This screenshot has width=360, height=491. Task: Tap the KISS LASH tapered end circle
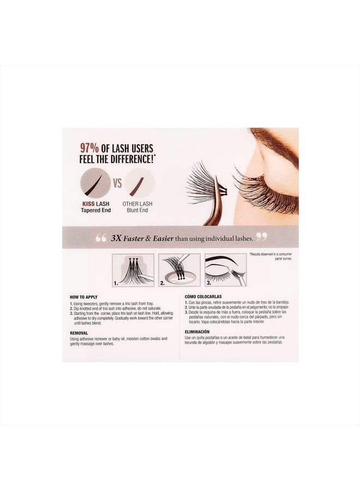pyautogui.click(x=96, y=183)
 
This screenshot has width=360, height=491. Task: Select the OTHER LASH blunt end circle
pyautogui.click(x=139, y=183)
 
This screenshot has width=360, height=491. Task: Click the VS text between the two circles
pyautogui.click(x=117, y=183)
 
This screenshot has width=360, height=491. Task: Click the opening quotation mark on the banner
pyautogui.click(x=100, y=238)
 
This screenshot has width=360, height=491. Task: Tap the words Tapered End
pyautogui.click(x=96, y=210)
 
